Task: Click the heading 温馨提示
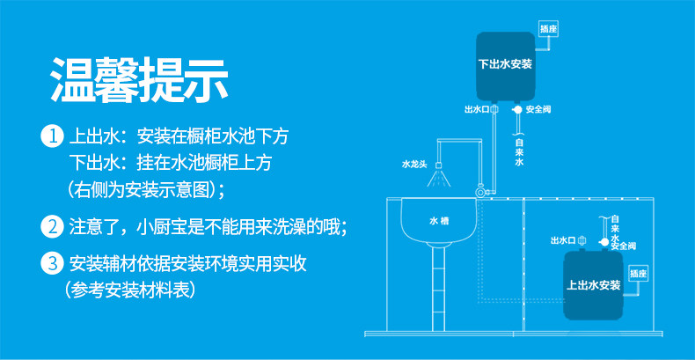tap(138, 80)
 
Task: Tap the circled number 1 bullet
tap(53, 137)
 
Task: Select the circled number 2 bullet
tap(53, 226)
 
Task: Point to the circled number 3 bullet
tap(53, 263)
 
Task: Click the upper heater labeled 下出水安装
tap(505, 64)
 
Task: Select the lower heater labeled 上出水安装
tap(594, 285)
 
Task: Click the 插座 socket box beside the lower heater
tap(639, 272)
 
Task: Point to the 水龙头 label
tap(413, 164)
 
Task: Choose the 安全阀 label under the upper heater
tap(538, 109)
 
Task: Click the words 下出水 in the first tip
tap(93, 163)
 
